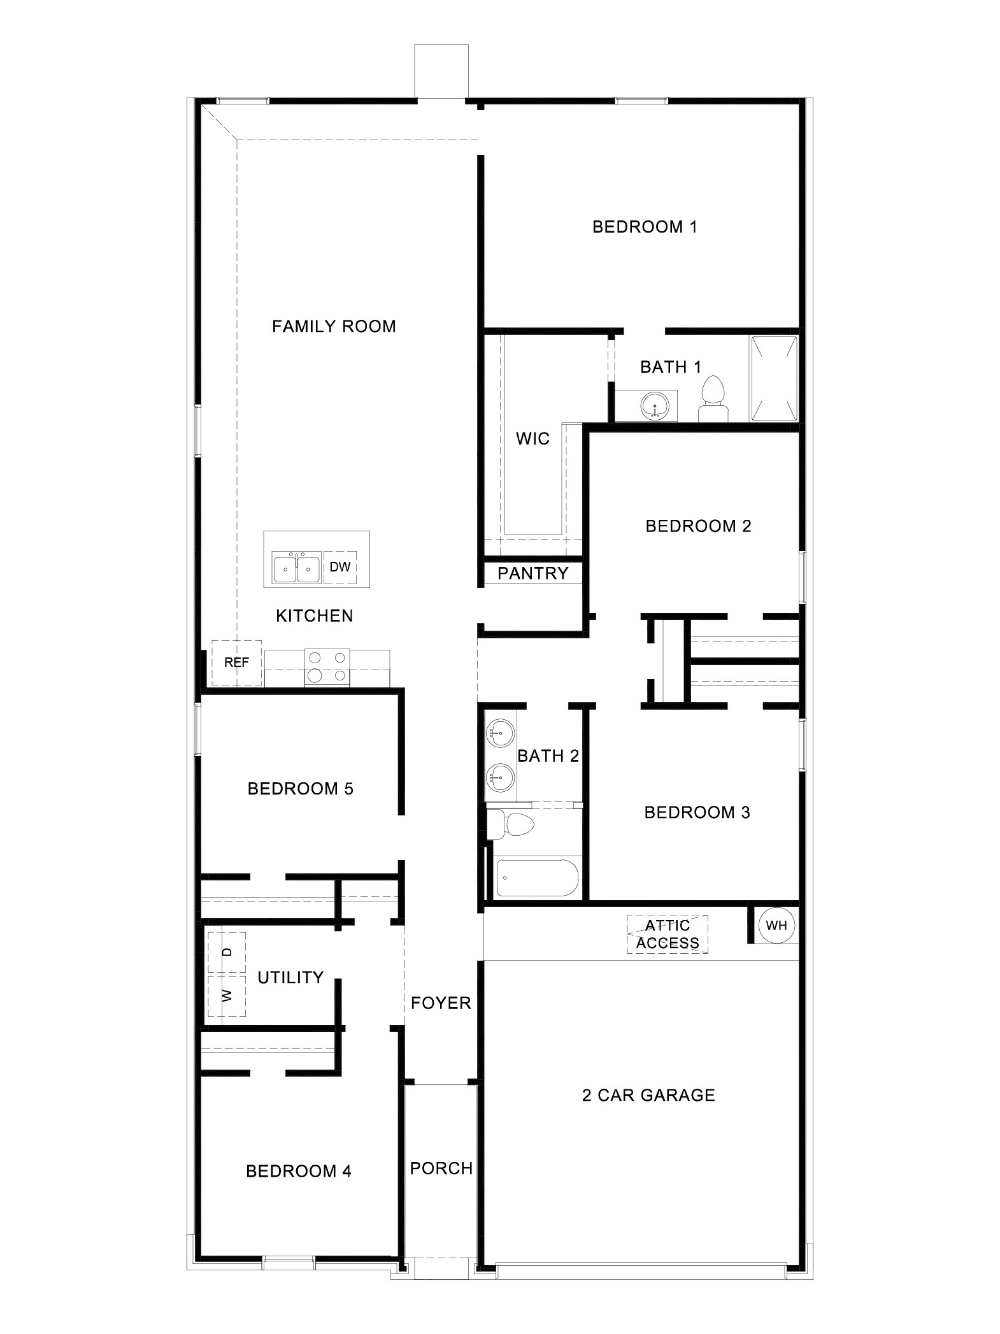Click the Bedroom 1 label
(x=645, y=227)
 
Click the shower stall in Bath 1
(x=774, y=378)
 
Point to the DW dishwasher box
(x=340, y=567)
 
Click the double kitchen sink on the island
(x=296, y=567)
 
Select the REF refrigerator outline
(x=236, y=663)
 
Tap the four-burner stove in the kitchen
(x=327, y=667)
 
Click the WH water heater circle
(x=776, y=926)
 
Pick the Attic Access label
(x=668, y=934)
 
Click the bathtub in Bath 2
(x=537, y=878)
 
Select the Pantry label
(x=532, y=573)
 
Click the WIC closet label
(x=532, y=439)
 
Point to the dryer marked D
(x=227, y=952)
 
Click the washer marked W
(x=227, y=995)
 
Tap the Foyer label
(x=441, y=1003)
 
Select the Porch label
(x=441, y=1168)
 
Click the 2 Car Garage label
(x=648, y=1095)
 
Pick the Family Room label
(x=334, y=327)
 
